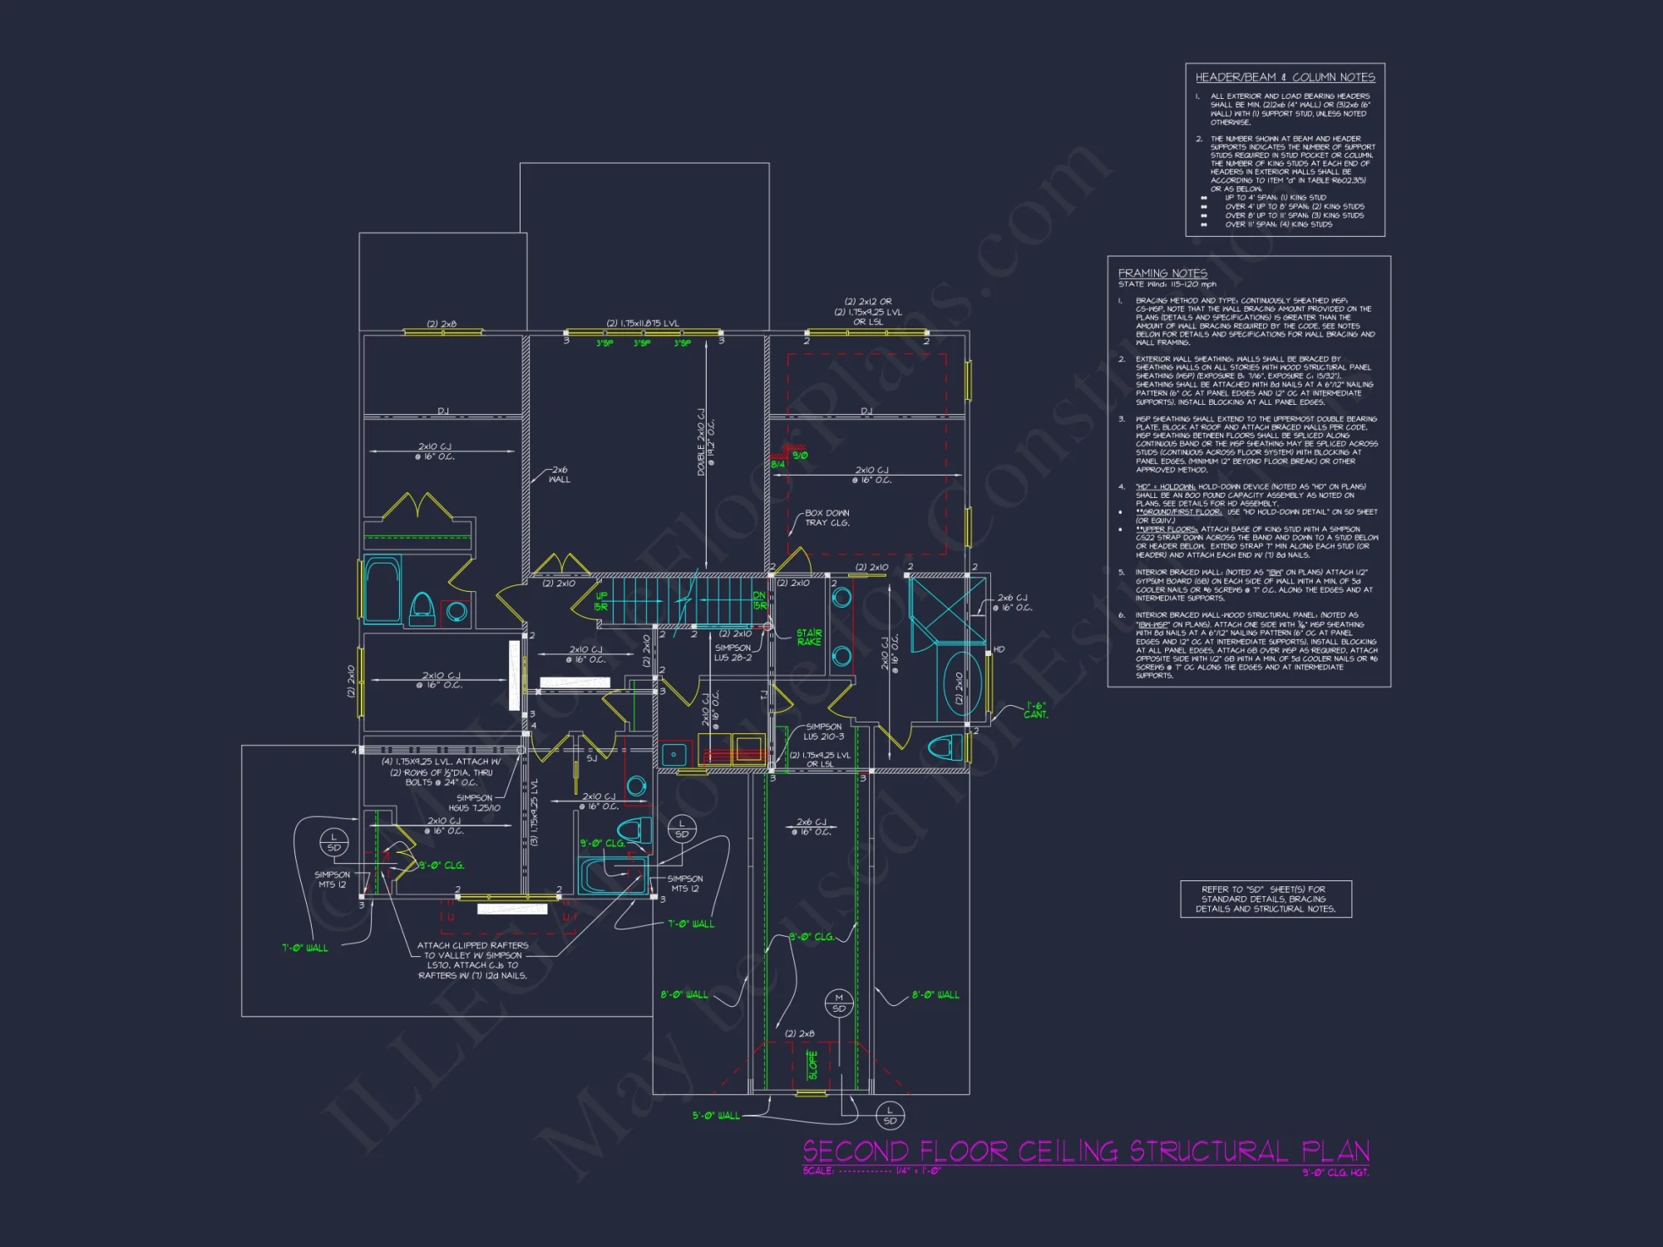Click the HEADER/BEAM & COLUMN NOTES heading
tap(1285, 77)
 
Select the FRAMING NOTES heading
tap(1162, 273)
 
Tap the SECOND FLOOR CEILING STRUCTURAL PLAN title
tap(1085, 1151)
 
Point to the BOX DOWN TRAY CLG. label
tap(827, 518)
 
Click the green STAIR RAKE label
tap(808, 638)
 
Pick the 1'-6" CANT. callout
tap(1035, 710)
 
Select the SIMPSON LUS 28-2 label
tap(733, 653)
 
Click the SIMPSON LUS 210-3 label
tap(823, 732)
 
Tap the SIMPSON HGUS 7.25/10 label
tap(474, 803)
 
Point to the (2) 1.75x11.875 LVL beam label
tap(642, 323)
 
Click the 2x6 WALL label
tap(560, 475)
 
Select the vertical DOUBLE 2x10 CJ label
tap(705, 442)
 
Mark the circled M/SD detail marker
tap(838, 1003)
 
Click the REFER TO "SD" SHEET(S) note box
tap(1266, 900)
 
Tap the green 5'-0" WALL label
tap(716, 1116)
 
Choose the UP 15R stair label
tap(601, 601)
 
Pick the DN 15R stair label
tap(759, 600)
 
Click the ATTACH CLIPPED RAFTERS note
tap(472, 960)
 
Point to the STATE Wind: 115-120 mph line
tap(1167, 284)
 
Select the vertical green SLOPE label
tap(812, 1064)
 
